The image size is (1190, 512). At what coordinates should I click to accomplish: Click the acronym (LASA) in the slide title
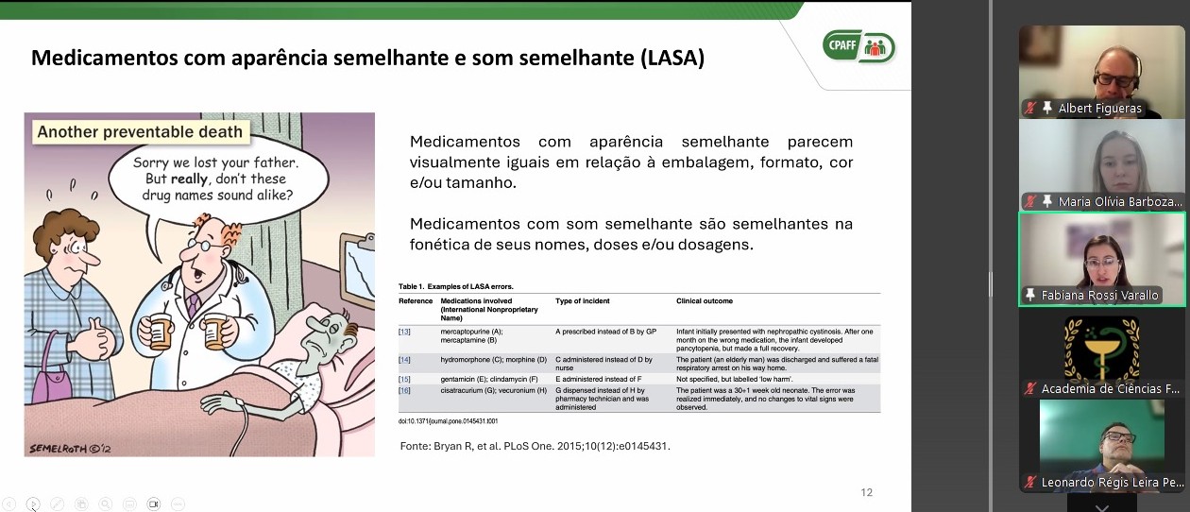[671, 59]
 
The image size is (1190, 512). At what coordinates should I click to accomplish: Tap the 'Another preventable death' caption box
[140, 132]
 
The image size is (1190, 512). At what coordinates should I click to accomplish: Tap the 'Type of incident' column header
[583, 301]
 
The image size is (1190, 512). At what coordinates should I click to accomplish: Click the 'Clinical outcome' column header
[705, 301]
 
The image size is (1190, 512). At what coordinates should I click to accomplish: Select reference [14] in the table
[404, 360]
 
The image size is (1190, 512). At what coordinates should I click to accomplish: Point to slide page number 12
[866, 492]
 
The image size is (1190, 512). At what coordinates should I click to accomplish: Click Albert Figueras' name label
[1099, 109]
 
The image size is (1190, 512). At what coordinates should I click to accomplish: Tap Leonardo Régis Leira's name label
[1112, 483]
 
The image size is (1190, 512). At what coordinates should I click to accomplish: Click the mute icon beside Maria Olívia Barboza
[1031, 202]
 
